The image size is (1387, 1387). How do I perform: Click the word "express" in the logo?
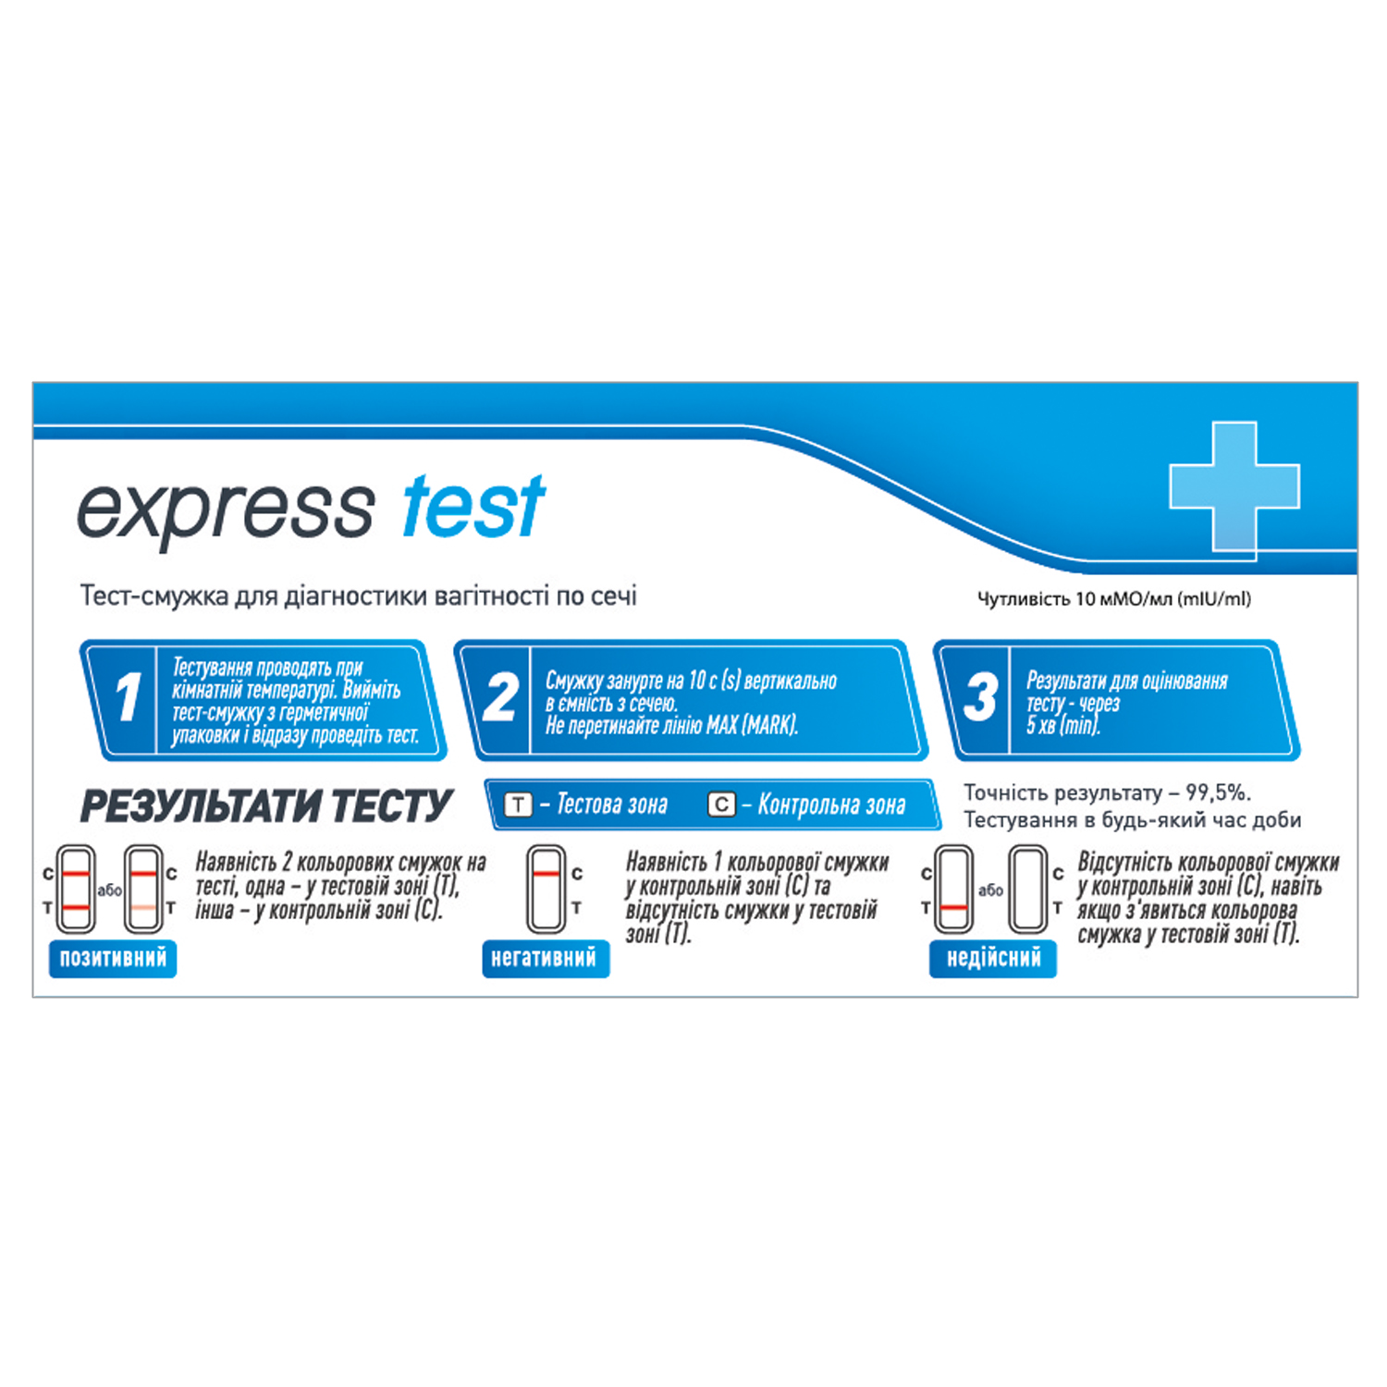(x=225, y=511)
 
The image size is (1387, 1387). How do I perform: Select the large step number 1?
(x=129, y=698)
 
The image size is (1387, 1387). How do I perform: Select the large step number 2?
(x=500, y=698)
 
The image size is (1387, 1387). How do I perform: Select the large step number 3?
(x=980, y=698)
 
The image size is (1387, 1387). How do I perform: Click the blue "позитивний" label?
(x=113, y=958)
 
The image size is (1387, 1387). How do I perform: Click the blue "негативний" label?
(x=546, y=958)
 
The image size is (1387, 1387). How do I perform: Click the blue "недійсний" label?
(x=993, y=958)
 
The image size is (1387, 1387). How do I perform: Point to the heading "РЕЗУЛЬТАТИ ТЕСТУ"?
(x=266, y=806)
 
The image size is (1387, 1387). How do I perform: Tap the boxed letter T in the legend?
(x=519, y=804)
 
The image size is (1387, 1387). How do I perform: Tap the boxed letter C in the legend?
(x=721, y=804)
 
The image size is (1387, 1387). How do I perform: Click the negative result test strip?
(x=546, y=889)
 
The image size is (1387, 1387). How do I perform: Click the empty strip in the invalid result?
(x=1027, y=889)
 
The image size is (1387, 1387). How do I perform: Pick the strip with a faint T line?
(x=143, y=889)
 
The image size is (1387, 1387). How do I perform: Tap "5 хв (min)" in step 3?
(x=1063, y=726)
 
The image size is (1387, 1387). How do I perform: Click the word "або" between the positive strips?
(x=109, y=890)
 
